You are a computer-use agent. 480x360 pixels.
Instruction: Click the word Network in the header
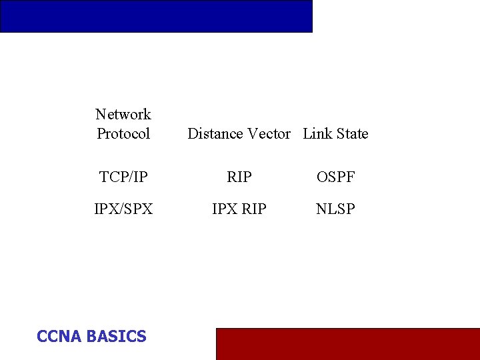pos(123,115)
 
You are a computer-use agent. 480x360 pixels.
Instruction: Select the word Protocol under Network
pos(123,134)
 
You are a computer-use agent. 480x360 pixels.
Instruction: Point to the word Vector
pos(269,134)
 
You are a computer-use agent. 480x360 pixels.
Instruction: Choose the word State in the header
pos(352,134)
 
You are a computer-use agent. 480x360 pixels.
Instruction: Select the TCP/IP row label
pos(123,177)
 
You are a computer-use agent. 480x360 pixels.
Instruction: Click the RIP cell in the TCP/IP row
pos(239,177)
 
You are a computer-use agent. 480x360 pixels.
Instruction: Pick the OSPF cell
pos(336,177)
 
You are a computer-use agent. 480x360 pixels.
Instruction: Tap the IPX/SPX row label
pos(123,209)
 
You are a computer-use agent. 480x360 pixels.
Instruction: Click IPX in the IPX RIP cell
pos(225,209)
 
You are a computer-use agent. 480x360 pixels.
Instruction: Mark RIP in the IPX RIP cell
pos(253,209)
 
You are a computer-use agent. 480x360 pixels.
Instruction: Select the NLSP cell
pos(336,209)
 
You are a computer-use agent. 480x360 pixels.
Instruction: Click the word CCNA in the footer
pos(59,337)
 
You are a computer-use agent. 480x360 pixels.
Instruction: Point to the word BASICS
pos(116,337)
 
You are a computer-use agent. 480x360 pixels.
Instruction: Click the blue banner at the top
pos(156,16)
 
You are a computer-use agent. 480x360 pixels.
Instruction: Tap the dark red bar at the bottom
pos(347,343)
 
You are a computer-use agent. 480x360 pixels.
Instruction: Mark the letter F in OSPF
pos(350,177)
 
